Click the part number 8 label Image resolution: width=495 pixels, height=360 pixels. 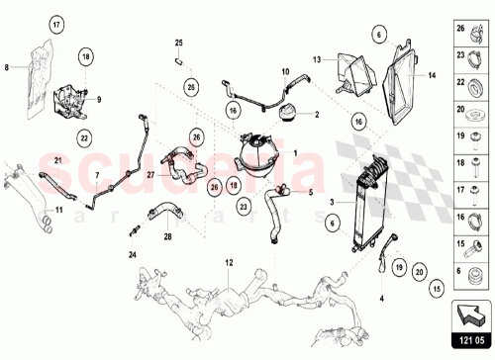click(7, 66)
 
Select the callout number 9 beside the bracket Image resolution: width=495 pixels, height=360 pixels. click(99, 99)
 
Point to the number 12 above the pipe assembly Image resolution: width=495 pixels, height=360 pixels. click(229, 263)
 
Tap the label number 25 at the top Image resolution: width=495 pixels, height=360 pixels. click(179, 43)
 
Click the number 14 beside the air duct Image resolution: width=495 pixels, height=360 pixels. click(431, 74)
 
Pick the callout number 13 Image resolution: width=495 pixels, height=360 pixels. click(318, 59)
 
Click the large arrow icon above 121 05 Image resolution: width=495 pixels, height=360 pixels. click(471, 315)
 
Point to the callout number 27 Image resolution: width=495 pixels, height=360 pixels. click(150, 176)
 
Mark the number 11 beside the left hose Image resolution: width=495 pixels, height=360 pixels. click(57, 211)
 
